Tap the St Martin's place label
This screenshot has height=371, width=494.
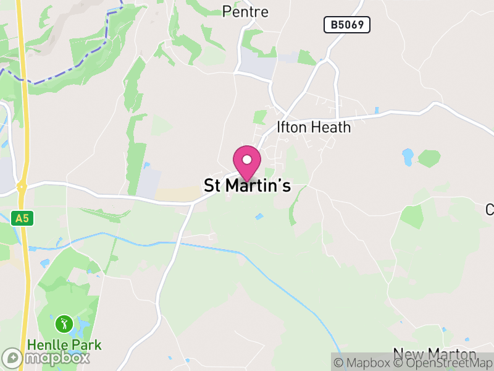[247, 185]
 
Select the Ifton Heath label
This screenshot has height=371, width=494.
[314, 127]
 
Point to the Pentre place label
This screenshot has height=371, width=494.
[245, 12]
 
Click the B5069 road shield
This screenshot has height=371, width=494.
[346, 25]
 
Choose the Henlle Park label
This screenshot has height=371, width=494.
[64, 344]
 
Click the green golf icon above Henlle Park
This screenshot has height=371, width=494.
[64, 323]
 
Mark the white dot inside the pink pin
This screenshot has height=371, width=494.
[247, 160]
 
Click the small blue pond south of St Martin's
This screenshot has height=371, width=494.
[258, 216]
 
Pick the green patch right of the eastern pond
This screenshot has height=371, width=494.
[429, 158]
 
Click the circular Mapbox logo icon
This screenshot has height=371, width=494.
[12, 357]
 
